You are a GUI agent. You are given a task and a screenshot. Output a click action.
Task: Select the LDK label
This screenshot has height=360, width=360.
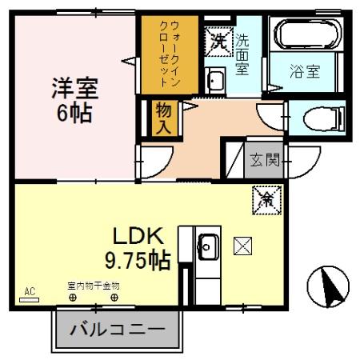[138, 236]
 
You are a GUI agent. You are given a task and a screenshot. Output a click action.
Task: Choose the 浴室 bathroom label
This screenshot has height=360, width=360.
[304, 71]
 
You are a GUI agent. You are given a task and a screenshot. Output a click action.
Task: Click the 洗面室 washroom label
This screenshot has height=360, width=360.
[242, 52]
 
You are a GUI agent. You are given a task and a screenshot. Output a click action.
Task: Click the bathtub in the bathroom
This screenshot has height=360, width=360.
[308, 35]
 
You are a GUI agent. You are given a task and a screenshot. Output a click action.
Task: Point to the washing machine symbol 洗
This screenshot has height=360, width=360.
[218, 40]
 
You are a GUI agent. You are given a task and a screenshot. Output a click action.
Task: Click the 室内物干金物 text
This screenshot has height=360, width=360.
[93, 285]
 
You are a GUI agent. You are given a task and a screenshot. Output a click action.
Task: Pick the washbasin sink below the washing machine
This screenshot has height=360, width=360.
[215, 79]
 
